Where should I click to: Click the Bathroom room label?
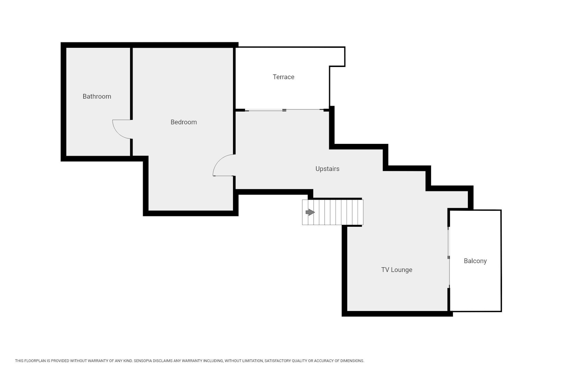click(97, 96)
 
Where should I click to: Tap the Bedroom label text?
click(184, 122)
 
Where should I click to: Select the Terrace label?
click(283, 77)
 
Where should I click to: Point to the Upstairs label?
click(327, 169)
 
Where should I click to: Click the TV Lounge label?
click(397, 270)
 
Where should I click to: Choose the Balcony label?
click(475, 261)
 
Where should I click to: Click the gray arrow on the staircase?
click(310, 212)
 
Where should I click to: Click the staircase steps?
click(333, 212)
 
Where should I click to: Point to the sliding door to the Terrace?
click(284, 110)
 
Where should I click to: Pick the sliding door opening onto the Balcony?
click(449, 257)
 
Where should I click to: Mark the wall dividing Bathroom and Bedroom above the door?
click(131, 83)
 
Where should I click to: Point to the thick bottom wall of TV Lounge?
click(397, 314)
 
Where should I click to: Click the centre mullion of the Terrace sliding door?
click(284, 110)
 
